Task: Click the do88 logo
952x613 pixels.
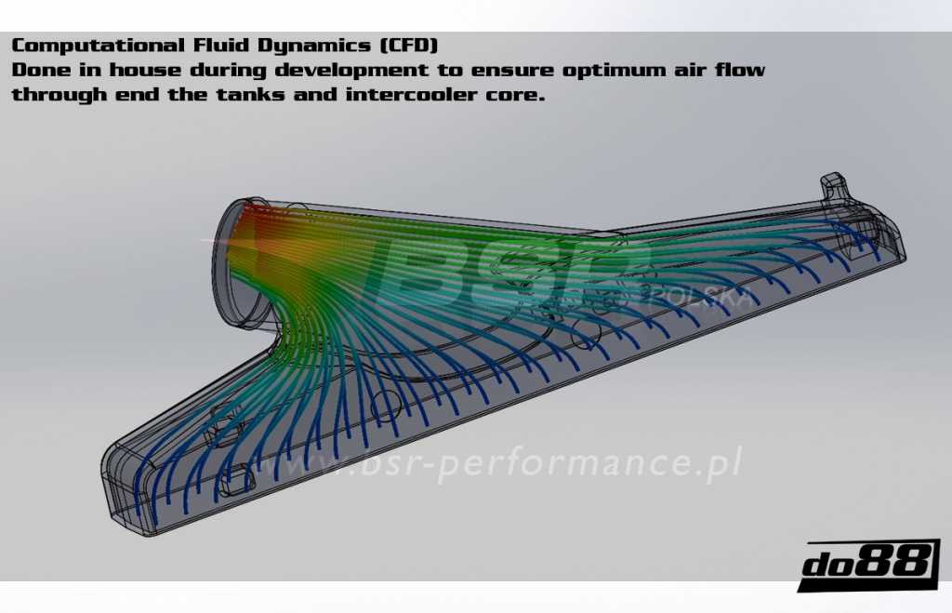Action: [866, 564]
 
